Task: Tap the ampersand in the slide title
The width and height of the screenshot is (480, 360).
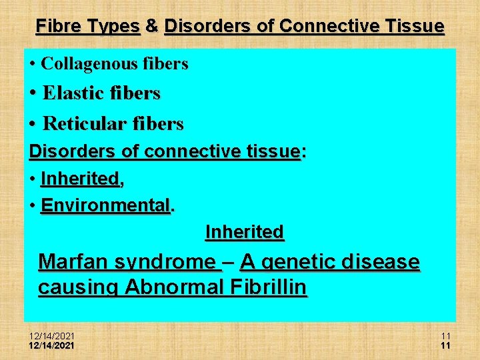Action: [x=152, y=26]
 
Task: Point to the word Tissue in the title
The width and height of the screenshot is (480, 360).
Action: [x=413, y=26]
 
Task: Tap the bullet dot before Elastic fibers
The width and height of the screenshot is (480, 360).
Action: [x=33, y=94]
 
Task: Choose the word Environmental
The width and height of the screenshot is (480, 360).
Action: [x=105, y=205]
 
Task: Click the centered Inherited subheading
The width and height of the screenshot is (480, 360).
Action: [x=245, y=232]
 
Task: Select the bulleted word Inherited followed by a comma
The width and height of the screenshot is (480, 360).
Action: [x=79, y=179]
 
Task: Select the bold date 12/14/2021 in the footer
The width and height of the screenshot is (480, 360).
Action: [x=52, y=345]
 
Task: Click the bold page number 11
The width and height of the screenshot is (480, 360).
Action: [x=445, y=345]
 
